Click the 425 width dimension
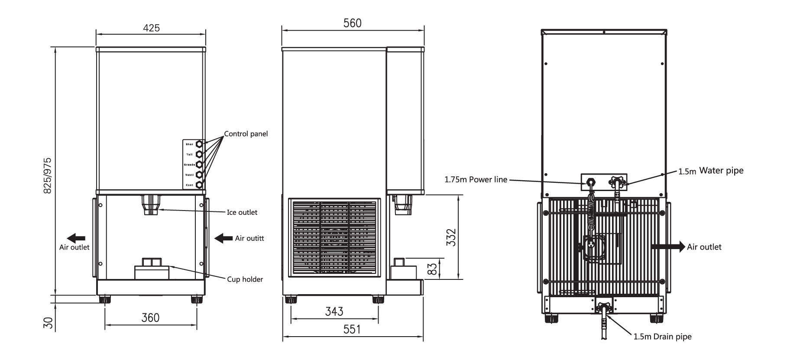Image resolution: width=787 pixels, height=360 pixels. coord(151,28)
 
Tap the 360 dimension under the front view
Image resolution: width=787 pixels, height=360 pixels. coord(151,318)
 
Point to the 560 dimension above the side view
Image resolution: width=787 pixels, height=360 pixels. coord(352,23)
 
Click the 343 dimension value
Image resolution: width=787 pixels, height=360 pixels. coord(334,311)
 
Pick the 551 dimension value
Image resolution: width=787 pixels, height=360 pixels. coord(352,329)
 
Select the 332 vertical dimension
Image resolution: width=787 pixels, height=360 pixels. coord(451,237)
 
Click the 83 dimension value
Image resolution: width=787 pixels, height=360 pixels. coord(431,269)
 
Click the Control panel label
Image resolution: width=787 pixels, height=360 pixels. coord(246,134)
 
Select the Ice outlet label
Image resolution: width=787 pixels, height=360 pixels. coord(242,212)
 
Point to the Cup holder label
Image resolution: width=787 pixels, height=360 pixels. coord(245,279)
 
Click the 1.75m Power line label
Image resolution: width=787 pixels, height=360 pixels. coord(476,179)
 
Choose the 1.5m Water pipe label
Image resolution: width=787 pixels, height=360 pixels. coord(711,171)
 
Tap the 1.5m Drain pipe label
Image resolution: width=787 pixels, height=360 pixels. coord(662,337)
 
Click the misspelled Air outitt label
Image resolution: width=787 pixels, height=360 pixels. coord(249,238)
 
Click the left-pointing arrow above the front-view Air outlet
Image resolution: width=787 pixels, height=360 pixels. coord(76,238)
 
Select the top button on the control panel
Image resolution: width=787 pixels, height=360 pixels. coord(199,144)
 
